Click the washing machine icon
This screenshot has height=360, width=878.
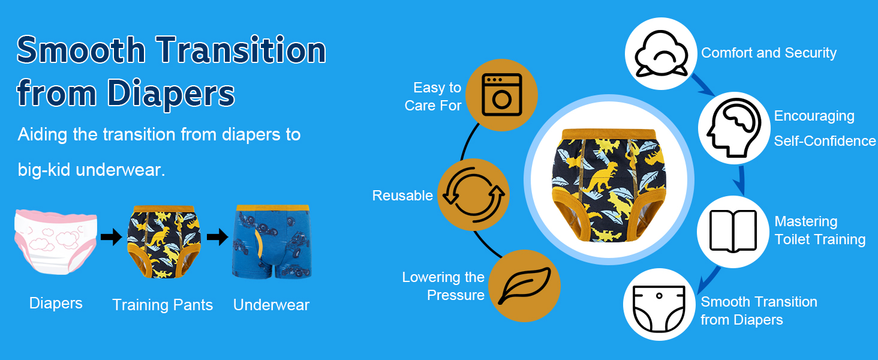coord(502,95)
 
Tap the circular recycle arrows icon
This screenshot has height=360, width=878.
coord(474,194)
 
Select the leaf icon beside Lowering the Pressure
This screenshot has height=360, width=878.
coord(524,286)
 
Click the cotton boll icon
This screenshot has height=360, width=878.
coord(661,54)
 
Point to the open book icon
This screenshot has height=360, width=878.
coord(733,231)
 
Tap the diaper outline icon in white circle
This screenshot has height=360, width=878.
coord(659,308)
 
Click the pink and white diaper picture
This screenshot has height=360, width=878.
coord(55,242)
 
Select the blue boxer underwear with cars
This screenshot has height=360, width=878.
coord(272,241)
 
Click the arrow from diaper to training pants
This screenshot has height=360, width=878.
coord(112,237)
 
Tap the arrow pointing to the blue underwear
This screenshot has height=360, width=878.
coord(218,237)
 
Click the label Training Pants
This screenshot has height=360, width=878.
coord(163,305)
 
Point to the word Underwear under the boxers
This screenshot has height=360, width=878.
coord(271,305)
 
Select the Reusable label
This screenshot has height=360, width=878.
coord(402,195)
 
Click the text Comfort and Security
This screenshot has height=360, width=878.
coord(769,53)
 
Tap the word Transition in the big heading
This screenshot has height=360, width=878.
coord(241,50)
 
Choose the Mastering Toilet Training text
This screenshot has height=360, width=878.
coord(820,230)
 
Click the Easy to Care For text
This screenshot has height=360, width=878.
coord(433,97)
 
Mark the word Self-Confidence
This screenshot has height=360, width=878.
coord(825,141)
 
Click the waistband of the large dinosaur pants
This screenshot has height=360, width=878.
coord(608,134)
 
